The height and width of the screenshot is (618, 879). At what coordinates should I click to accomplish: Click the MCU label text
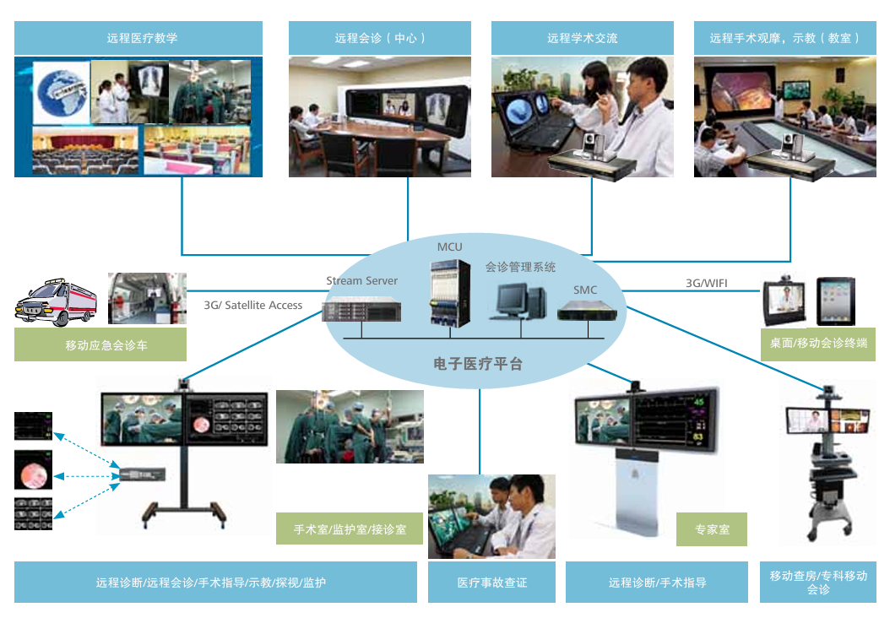click(x=449, y=247)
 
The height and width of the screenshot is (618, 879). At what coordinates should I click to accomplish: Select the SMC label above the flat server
click(x=585, y=290)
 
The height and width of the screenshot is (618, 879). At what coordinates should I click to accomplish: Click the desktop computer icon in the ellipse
click(x=515, y=300)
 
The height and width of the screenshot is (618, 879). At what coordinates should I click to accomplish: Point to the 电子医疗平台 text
click(x=478, y=364)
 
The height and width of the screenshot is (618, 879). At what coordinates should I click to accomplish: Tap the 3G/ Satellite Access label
click(x=253, y=305)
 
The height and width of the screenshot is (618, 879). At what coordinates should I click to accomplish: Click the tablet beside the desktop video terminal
click(x=835, y=301)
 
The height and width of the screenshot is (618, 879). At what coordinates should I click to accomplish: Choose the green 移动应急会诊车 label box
click(x=100, y=345)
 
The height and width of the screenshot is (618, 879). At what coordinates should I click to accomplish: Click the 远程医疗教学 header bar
click(x=138, y=38)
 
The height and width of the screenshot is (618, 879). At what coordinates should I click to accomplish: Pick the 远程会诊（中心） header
click(x=380, y=38)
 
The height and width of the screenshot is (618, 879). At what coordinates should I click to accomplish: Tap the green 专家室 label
click(x=712, y=529)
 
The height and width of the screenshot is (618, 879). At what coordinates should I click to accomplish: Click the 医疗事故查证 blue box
click(x=491, y=583)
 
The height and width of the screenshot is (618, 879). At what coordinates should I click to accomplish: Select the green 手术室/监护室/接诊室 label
click(x=350, y=529)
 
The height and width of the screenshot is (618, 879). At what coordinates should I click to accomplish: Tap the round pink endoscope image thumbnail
click(x=33, y=471)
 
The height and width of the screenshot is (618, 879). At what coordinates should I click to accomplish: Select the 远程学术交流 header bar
click(x=583, y=38)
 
